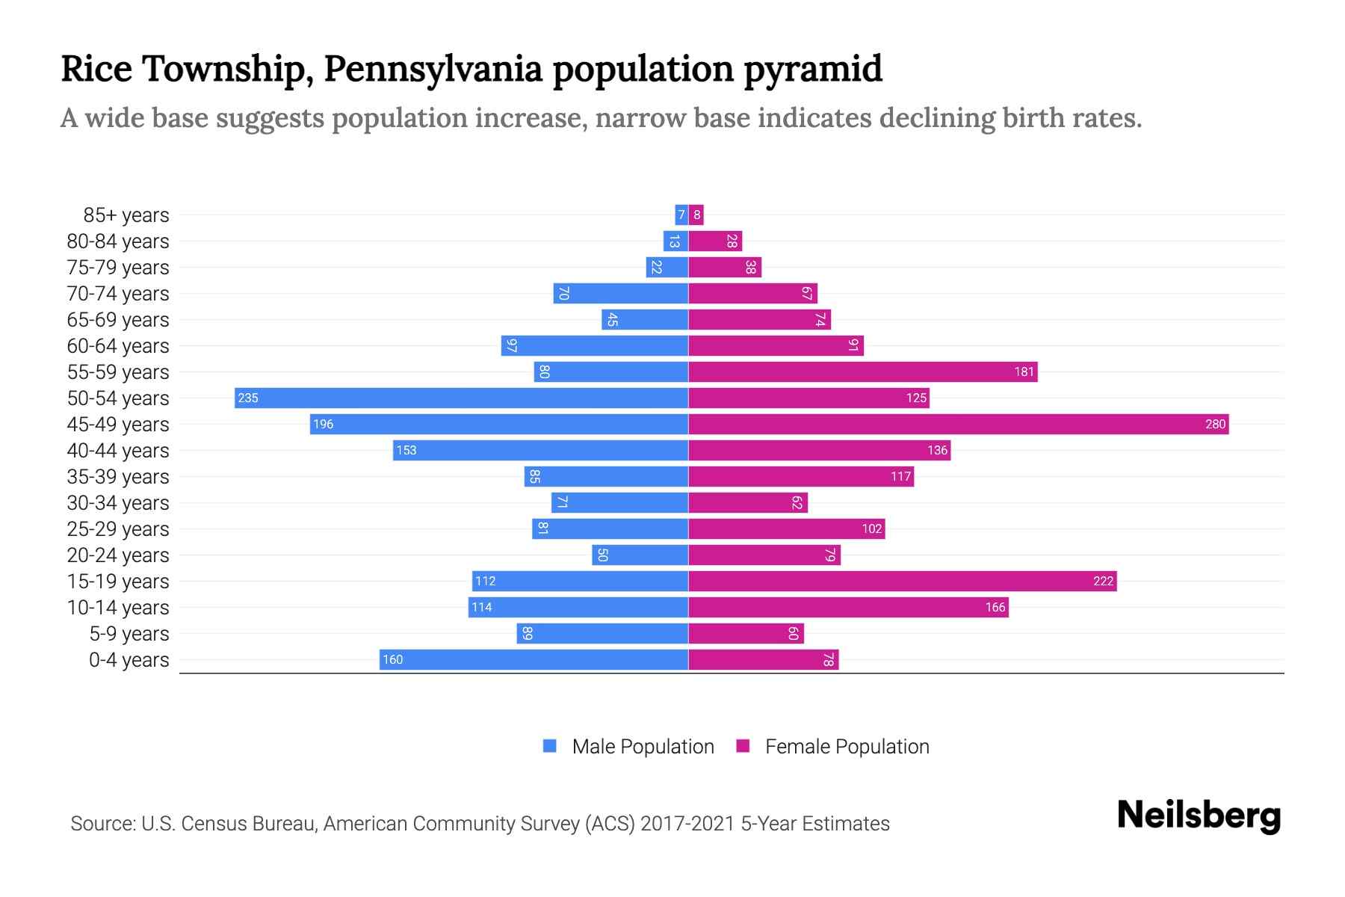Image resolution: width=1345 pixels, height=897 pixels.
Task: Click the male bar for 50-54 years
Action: click(461, 398)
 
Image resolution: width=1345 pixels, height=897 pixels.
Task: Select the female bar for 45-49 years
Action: click(958, 424)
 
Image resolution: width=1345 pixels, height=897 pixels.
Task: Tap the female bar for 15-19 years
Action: click(902, 581)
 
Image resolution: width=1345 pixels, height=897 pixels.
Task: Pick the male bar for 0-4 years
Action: click(534, 659)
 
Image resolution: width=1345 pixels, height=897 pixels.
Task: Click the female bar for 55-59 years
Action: click(862, 372)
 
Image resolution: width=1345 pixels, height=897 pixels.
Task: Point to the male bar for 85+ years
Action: click(681, 215)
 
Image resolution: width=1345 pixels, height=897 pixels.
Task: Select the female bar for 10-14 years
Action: click(848, 607)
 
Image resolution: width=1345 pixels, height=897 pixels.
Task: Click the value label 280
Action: click(1215, 424)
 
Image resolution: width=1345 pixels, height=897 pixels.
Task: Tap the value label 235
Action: click(248, 398)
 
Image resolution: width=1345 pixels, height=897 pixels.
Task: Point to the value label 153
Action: click(406, 450)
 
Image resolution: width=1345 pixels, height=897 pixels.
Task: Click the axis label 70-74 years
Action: click(118, 293)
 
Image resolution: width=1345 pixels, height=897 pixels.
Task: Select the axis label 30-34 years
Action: click(118, 502)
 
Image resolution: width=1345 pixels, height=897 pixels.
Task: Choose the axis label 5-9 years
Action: click(129, 633)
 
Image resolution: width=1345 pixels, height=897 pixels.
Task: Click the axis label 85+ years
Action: click(126, 215)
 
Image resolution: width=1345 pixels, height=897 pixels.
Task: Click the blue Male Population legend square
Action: click(550, 746)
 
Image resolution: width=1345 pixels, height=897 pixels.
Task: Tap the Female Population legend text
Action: click(847, 746)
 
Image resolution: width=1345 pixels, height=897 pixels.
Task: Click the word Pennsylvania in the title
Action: click(433, 69)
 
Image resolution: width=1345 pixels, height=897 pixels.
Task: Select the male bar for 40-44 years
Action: click(540, 450)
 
